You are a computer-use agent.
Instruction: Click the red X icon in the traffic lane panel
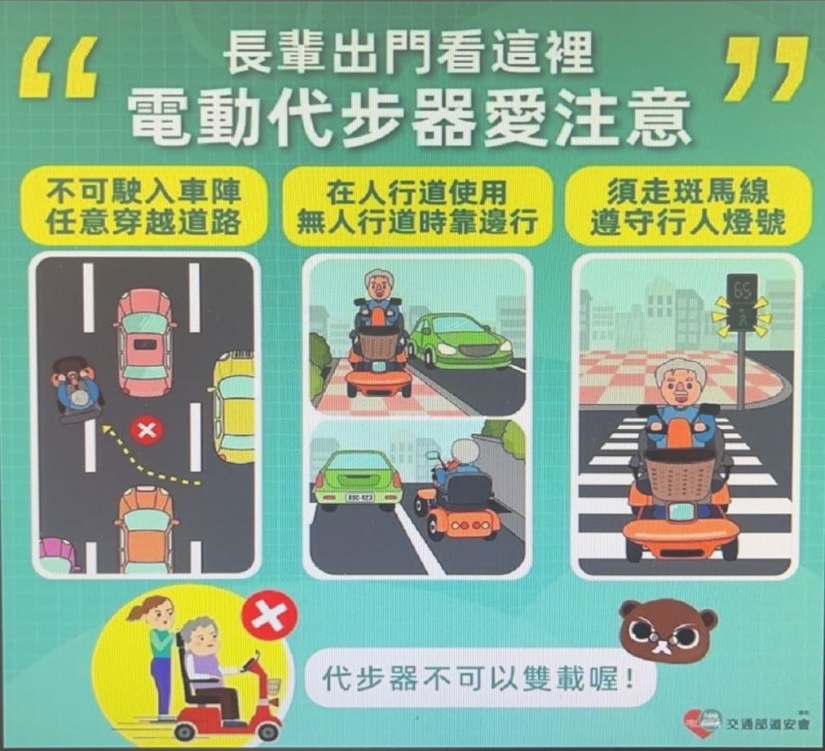pyautogui.click(x=147, y=431)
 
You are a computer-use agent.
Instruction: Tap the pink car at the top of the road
pyautogui.click(x=144, y=342)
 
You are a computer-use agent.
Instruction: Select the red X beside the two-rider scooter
pyautogui.click(x=269, y=616)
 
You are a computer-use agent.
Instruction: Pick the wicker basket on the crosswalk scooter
pyautogui.click(x=682, y=482)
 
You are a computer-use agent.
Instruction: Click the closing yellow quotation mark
pyautogui.click(x=766, y=68)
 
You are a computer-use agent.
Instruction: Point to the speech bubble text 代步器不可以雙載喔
pyautogui.click(x=476, y=678)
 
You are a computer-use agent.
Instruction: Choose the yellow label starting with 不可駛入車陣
pyautogui.click(x=143, y=205)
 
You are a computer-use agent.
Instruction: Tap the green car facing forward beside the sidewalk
pyautogui.click(x=461, y=341)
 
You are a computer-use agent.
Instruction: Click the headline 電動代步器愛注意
pyautogui.click(x=408, y=118)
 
